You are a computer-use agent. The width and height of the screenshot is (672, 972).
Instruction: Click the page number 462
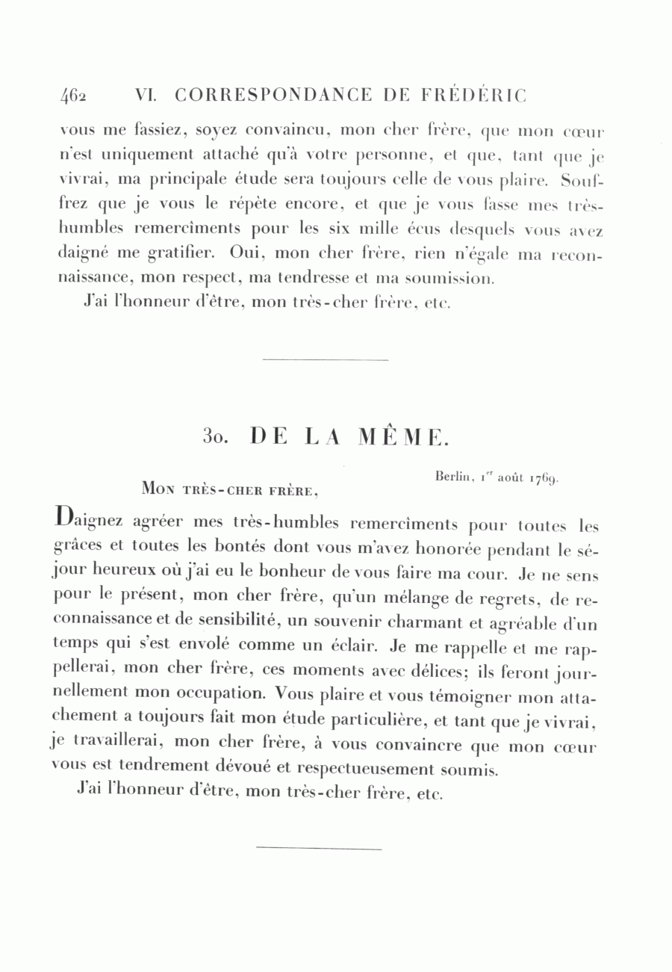coord(74,96)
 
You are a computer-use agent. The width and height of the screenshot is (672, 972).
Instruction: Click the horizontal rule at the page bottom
coord(319,849)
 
